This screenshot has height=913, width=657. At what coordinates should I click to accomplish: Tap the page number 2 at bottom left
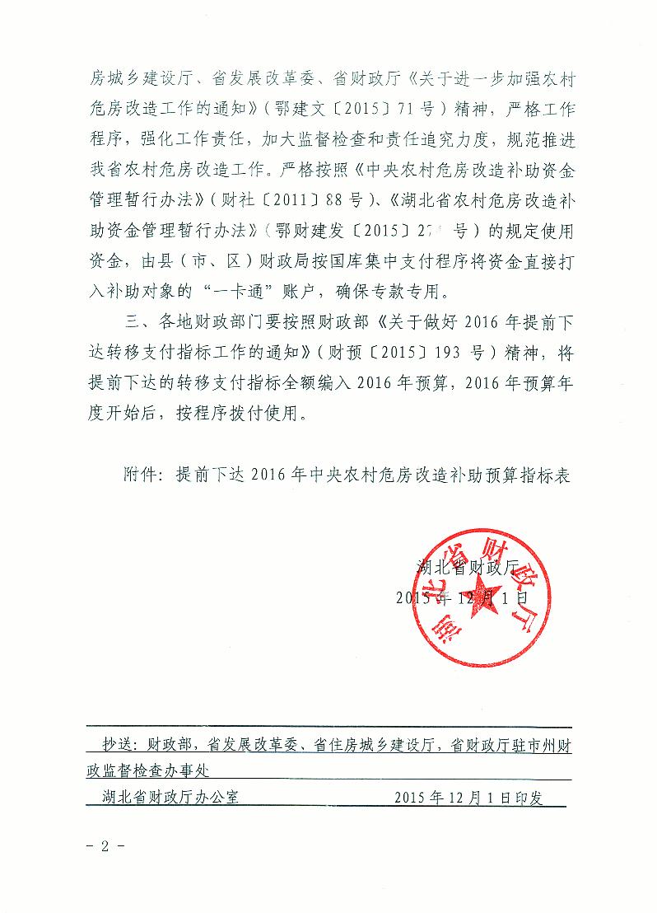(x=105, y=845)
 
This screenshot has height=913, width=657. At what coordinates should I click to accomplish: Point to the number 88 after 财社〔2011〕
(x=301, y=199)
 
